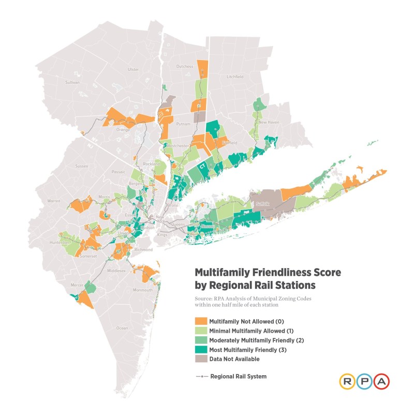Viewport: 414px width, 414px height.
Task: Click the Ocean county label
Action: click(122, 328)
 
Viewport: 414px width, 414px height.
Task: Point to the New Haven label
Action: click(269, 123)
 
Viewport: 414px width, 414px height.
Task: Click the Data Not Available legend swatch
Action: click(200, 358)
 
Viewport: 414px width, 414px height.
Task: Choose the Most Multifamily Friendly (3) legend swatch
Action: click(200, 349)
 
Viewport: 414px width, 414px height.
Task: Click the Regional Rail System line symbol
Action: click(200, 377)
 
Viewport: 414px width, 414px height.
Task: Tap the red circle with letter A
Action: click(381, 381)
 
